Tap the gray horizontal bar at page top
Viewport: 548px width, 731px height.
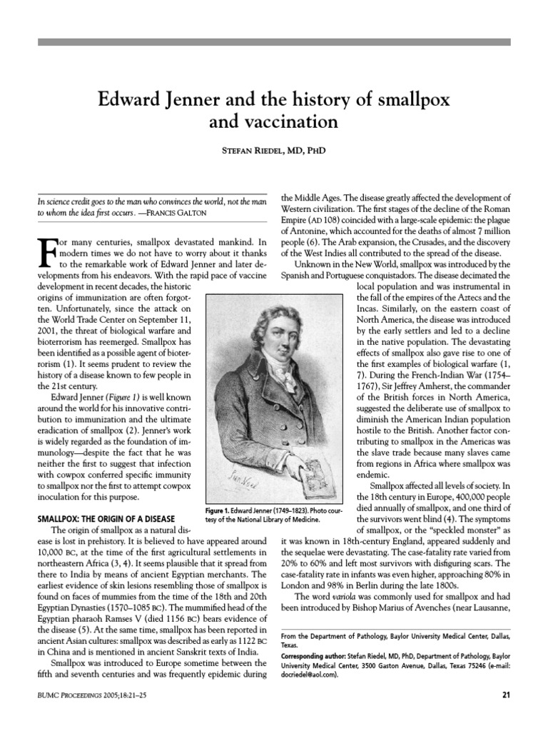[274, 43]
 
